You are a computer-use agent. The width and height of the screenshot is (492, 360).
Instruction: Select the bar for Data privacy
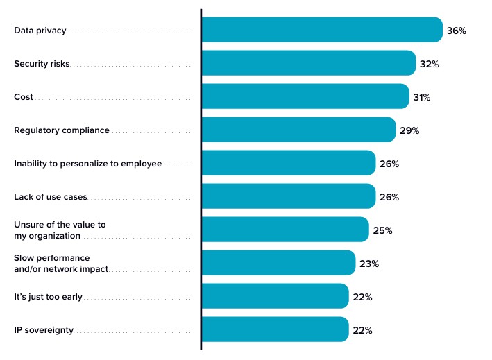click(x=321, y=30)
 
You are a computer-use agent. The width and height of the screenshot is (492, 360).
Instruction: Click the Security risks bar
click(x=308, y=63)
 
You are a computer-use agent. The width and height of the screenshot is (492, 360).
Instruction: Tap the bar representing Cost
click(x=305, y=96)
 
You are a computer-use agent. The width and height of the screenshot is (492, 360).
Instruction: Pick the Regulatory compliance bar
click(x=298, y=130)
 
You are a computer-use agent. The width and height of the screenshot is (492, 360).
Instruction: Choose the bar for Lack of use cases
click(x=288, y=196)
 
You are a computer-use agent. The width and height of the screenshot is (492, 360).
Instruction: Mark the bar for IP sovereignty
click(x=275, y=329)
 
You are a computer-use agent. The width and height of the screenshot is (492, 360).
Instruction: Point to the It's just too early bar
click(x=275, y=296)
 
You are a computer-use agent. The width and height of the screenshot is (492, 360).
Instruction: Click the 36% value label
click(x=457, y=31)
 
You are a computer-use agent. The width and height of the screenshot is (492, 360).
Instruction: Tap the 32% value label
click(x=430, y=64)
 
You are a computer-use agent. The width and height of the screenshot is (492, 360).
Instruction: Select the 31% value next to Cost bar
click(x=422, y=97)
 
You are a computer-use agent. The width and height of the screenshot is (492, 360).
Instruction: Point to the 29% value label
click(x=409, y=130)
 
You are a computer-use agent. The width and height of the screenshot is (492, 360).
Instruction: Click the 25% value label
click(x=382, y=230)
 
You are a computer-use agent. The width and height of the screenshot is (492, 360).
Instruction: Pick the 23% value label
click(x=369, y=264)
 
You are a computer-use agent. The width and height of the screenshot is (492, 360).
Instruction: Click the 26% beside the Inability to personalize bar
click(x=389, y=164)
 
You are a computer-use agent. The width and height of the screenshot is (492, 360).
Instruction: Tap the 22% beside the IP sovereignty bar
click(x=362, y=330)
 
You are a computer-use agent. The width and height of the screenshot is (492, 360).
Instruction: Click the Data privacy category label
click(x=40, y=31)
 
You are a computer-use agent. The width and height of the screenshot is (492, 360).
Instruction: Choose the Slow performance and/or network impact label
click(x=61, y=264)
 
